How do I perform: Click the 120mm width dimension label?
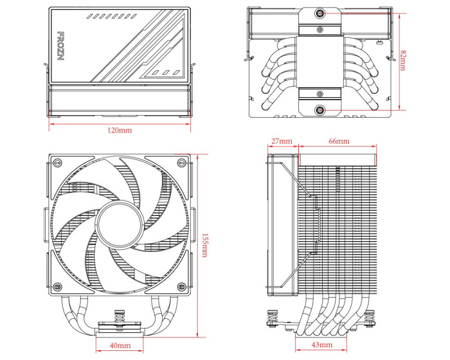tap(120, 130)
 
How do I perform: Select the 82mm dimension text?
tap(402, 62)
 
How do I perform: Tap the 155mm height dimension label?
tap(204, 245)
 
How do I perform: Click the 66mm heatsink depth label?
tap(339, 141)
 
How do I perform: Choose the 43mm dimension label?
tap(321, 345)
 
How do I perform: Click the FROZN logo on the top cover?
tap(62, 42)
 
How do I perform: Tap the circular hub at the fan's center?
tap(120, 227)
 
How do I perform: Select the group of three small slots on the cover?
tap(165, 72)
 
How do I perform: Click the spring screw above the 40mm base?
tap(119, 318)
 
